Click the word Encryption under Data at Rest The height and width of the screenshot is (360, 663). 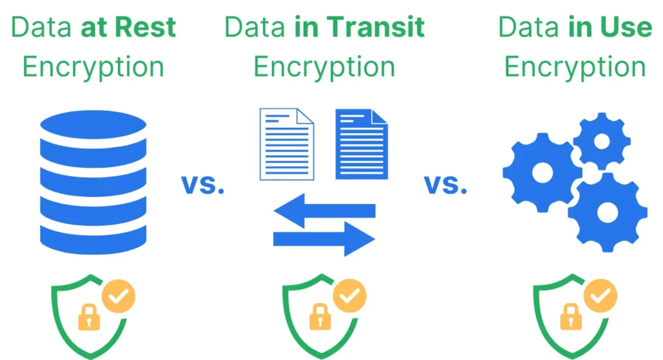93,67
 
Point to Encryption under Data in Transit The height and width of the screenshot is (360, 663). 324,67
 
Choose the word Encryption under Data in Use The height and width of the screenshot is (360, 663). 575,67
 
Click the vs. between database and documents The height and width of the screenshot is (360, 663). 203,185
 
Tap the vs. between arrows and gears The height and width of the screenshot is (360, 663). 445,185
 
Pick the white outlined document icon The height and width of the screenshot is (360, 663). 286,144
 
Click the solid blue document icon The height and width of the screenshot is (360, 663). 361,144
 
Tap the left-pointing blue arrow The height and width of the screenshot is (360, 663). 324,211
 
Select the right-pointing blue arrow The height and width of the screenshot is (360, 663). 324,238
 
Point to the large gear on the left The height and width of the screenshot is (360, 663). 542,172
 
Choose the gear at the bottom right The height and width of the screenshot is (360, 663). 607,212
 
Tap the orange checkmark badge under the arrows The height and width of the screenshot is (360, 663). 350,297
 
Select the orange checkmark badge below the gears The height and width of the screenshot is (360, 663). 600,297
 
